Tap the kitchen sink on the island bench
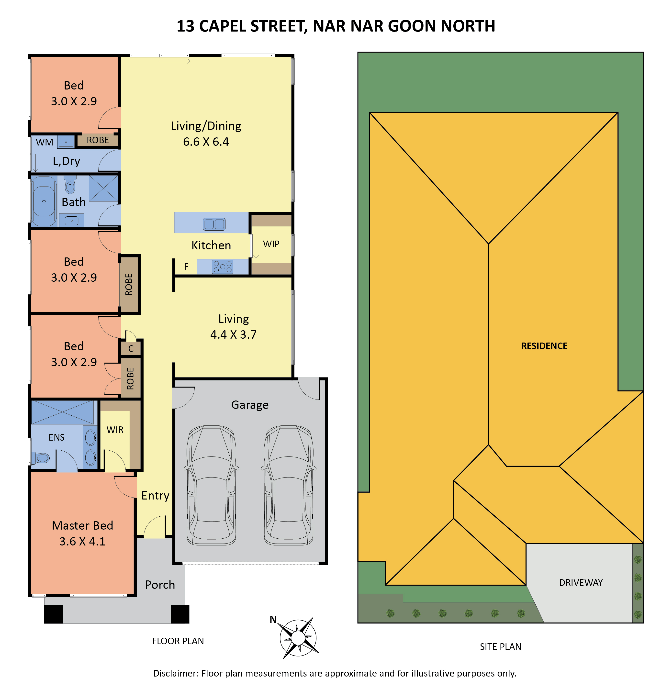coord(214,224)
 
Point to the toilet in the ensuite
coord(41,458)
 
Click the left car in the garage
coord(212,485)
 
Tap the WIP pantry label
coord(271,244)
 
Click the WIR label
coord(115,430)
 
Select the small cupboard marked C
coord(131,349)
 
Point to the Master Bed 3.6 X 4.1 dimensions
coord(82,541)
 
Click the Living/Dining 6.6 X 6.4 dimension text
coord(206,142)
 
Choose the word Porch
coord(160,585)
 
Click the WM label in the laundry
coord(45,142)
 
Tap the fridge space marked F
coord(186,267)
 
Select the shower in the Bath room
coord(103,189)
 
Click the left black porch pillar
coord(54,614)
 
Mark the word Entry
coord(155,496)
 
